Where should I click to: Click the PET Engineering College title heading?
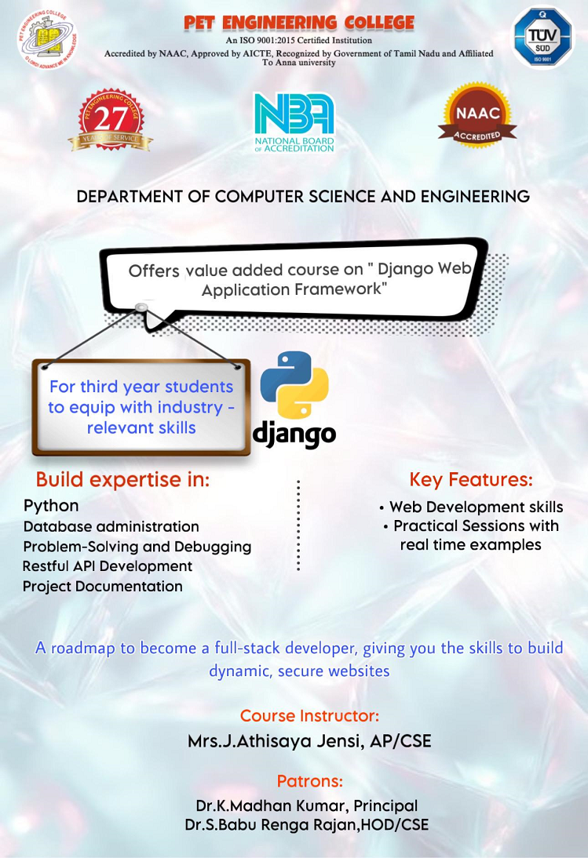click(299, 23)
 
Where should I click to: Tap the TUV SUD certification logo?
click(542, 37)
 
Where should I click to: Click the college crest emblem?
click(47, 40)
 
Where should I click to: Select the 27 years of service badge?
click(111, 120)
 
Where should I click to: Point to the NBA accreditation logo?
click(294, 122)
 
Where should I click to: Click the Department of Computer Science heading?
click(303, 196)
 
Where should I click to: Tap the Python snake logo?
click(294, 384)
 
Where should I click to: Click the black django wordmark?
click(294, 435)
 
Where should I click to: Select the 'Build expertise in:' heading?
click(122, 480)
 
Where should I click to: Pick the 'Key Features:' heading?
click(471, 480)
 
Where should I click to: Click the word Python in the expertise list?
click(51, 506)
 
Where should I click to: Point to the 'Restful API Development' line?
click(108, 566)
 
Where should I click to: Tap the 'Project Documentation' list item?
click(102, 587)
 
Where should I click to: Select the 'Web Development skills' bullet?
click(471, 507)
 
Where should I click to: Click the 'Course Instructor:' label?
click(309, 716)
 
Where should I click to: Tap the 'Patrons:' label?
click(309, 781)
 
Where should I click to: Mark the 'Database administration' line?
click(111, 527)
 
